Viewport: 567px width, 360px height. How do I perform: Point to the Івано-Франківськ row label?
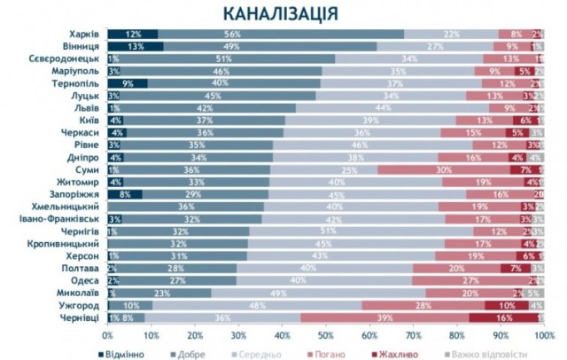[60, 218]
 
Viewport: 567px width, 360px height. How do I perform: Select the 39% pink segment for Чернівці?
[385, 317]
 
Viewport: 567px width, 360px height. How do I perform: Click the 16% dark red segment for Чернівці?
[503, 317]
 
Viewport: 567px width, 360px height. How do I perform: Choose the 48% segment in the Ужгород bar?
[256, 304]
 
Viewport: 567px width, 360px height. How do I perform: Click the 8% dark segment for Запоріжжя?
[125, 193]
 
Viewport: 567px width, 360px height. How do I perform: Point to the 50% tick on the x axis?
[326, 336]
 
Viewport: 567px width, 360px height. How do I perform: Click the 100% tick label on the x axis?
[542, 336]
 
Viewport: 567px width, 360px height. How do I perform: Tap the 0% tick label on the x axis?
[107, 336]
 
